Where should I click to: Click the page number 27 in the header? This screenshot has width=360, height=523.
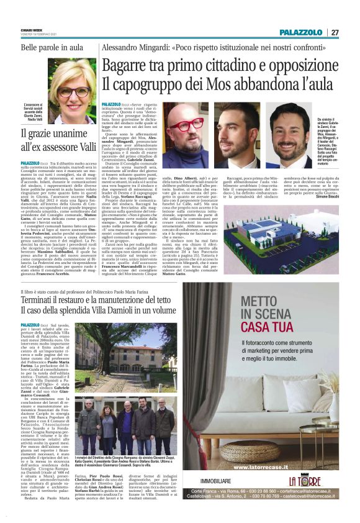click(335, 32)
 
